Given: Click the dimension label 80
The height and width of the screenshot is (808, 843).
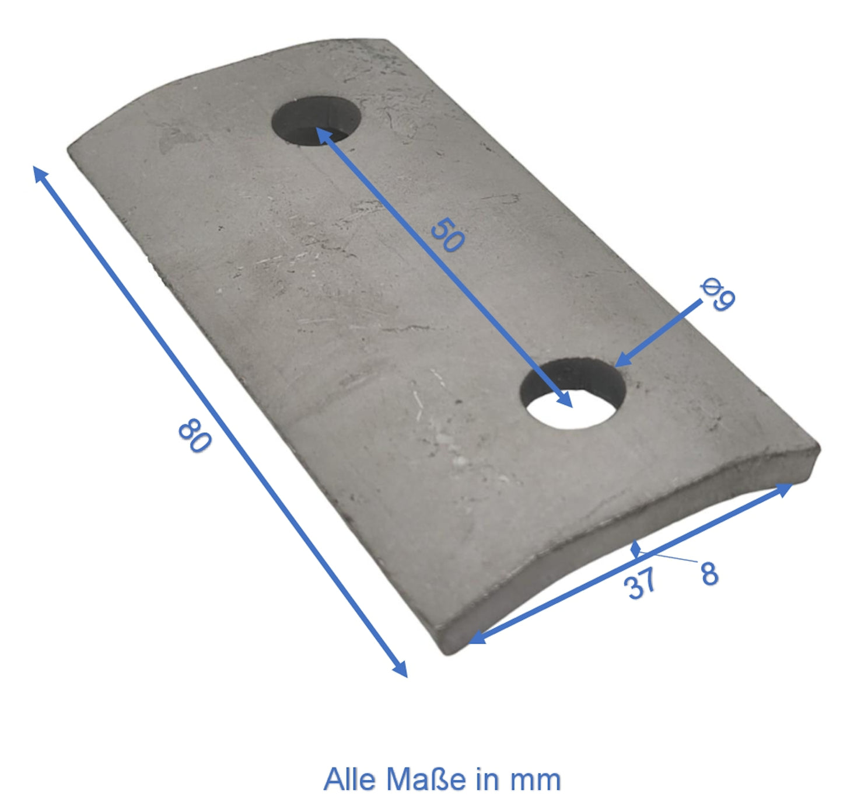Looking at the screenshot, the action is click(195, 435).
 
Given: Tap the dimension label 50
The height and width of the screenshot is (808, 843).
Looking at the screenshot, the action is click(447, 235).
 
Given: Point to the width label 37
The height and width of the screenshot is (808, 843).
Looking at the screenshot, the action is click(639, 584).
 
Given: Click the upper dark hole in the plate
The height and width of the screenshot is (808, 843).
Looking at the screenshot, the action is click(316, 120).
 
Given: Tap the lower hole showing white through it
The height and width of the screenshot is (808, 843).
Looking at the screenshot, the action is click(572, 393).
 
